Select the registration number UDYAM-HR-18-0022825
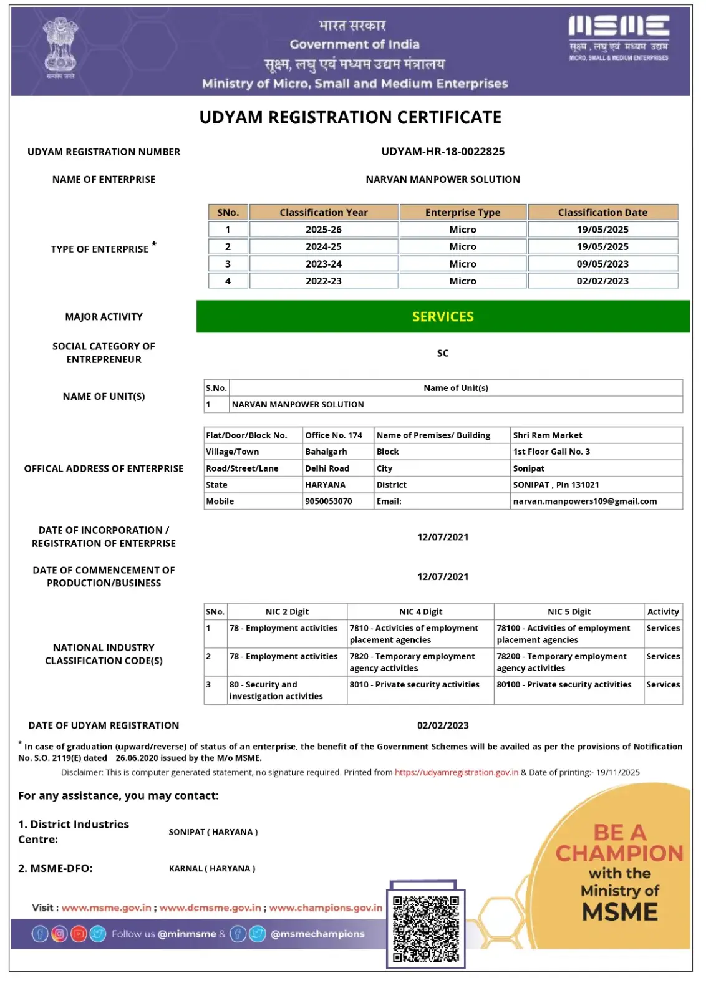443,152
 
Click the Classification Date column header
602,213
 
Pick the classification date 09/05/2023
602,264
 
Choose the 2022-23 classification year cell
323,281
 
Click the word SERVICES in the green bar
443,317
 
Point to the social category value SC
443,353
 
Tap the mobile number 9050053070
329,501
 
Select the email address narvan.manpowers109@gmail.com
584,501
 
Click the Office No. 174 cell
334,435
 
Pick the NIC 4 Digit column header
420,612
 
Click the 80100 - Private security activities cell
564,685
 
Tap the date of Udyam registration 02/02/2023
443,725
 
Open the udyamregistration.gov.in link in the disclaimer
457,773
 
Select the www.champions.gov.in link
326,908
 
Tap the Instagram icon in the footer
59,934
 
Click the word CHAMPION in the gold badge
619,853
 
